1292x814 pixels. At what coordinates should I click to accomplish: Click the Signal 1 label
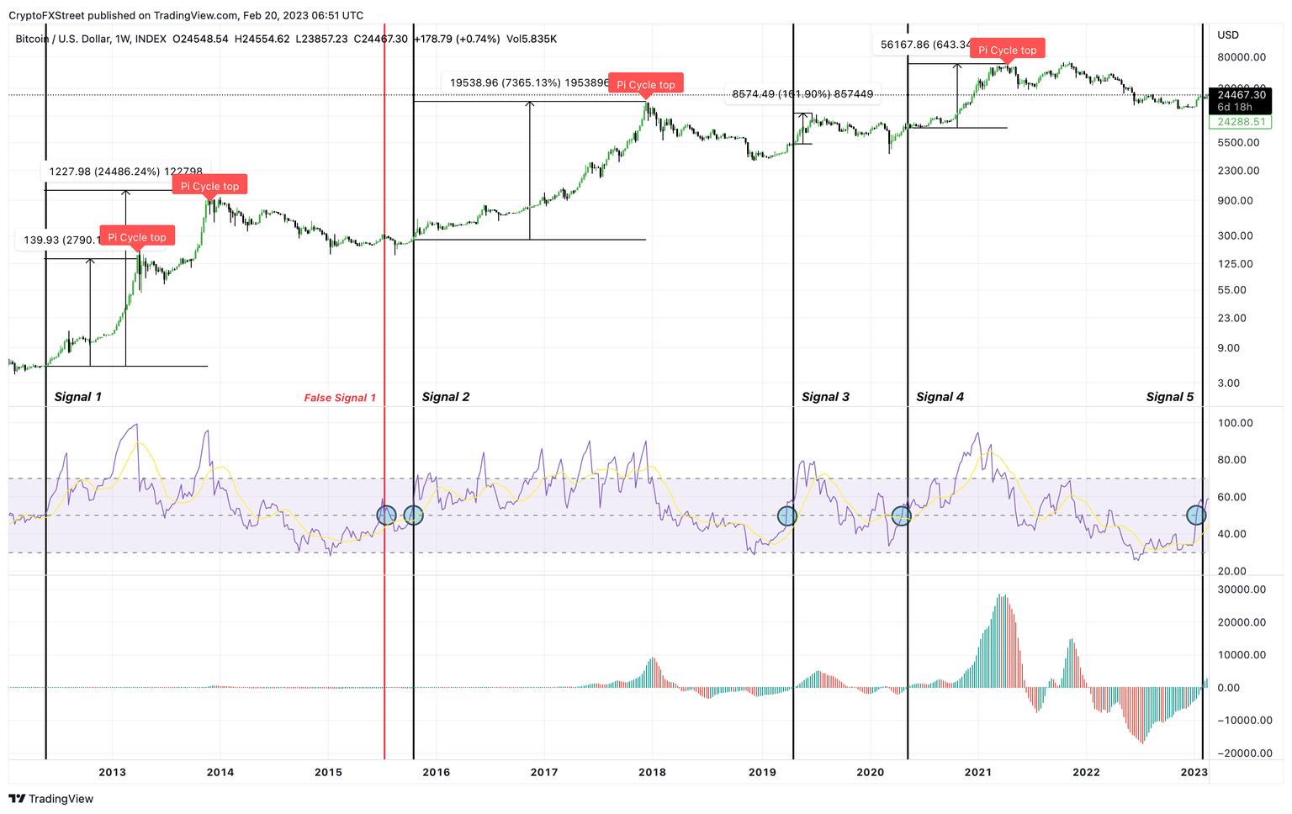[x=77, y=397]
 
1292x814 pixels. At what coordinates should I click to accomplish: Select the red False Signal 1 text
[x=340, y=398]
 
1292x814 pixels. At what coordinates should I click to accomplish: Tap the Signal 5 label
[x=1169, y=397]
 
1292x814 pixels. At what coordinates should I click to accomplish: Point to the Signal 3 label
[x=825, y=397]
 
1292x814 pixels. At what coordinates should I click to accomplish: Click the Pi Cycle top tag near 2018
[x=646, y=84]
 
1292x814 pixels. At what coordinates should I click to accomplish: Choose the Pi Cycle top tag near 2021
[x=1007, y=50]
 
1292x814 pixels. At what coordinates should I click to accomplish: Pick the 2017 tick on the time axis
[x=544, y=772]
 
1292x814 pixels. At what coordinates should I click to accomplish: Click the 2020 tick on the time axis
[x=870, y=772]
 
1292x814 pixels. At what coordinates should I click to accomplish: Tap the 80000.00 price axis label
[x=1242, y=57]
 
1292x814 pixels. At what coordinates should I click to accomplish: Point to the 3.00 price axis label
[x=1228, y=383]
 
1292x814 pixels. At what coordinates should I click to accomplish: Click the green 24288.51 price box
[x=1241, y=122]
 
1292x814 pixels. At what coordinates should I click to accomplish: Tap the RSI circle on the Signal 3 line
[x=786, y=515]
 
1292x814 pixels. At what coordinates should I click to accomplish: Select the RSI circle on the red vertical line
[x=386, y=515]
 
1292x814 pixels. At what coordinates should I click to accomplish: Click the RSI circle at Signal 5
[x=1195, y=515]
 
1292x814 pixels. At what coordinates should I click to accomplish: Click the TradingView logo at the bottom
[x=51, y=799]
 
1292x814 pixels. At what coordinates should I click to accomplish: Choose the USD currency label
[x=1228, y=35]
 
